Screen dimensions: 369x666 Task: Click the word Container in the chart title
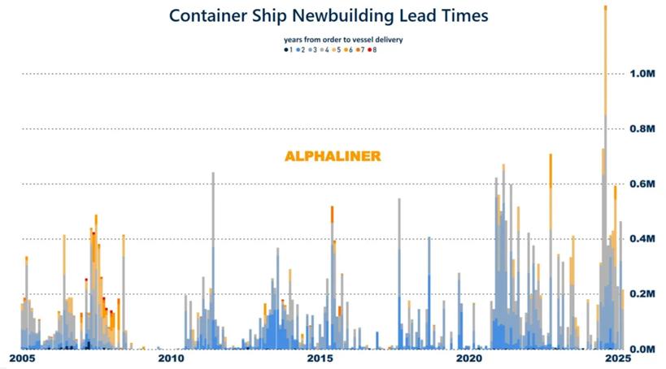click(211, 15)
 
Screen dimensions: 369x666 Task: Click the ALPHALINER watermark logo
click(333, 156)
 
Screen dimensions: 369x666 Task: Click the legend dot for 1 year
click(285, 50)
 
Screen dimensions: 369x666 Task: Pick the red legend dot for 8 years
click(369, 50)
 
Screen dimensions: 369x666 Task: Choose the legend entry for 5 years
click(337, 50)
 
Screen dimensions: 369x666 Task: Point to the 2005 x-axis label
click(22, 358)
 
